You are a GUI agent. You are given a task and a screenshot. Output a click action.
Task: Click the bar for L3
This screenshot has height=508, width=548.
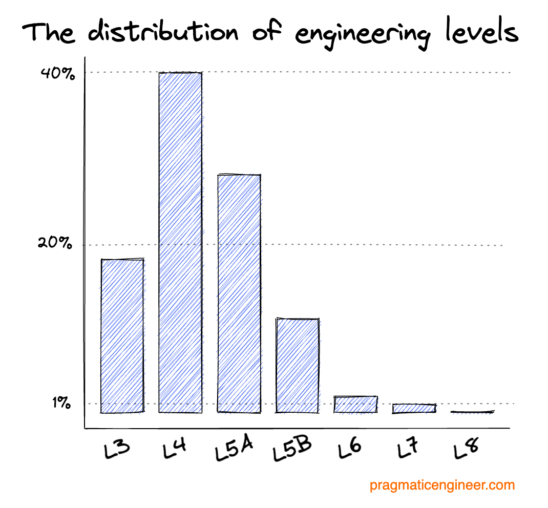tap(122, 335)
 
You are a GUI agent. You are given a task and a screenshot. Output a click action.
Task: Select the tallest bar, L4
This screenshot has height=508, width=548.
tap(180, 242)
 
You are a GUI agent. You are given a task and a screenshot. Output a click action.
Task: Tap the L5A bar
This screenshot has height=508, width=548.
tap(239, 293)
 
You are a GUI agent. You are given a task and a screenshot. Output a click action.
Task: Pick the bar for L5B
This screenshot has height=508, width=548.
tap(298, 365)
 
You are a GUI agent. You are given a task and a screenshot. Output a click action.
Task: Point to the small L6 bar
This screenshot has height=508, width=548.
tap(355, 404)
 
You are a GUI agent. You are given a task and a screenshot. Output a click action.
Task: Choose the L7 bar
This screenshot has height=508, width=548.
tap(414, 408)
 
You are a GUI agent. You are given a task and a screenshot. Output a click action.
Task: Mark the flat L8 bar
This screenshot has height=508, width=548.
tap(472, 412)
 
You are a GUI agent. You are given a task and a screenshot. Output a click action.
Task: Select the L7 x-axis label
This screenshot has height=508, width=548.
tap(409, 449)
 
